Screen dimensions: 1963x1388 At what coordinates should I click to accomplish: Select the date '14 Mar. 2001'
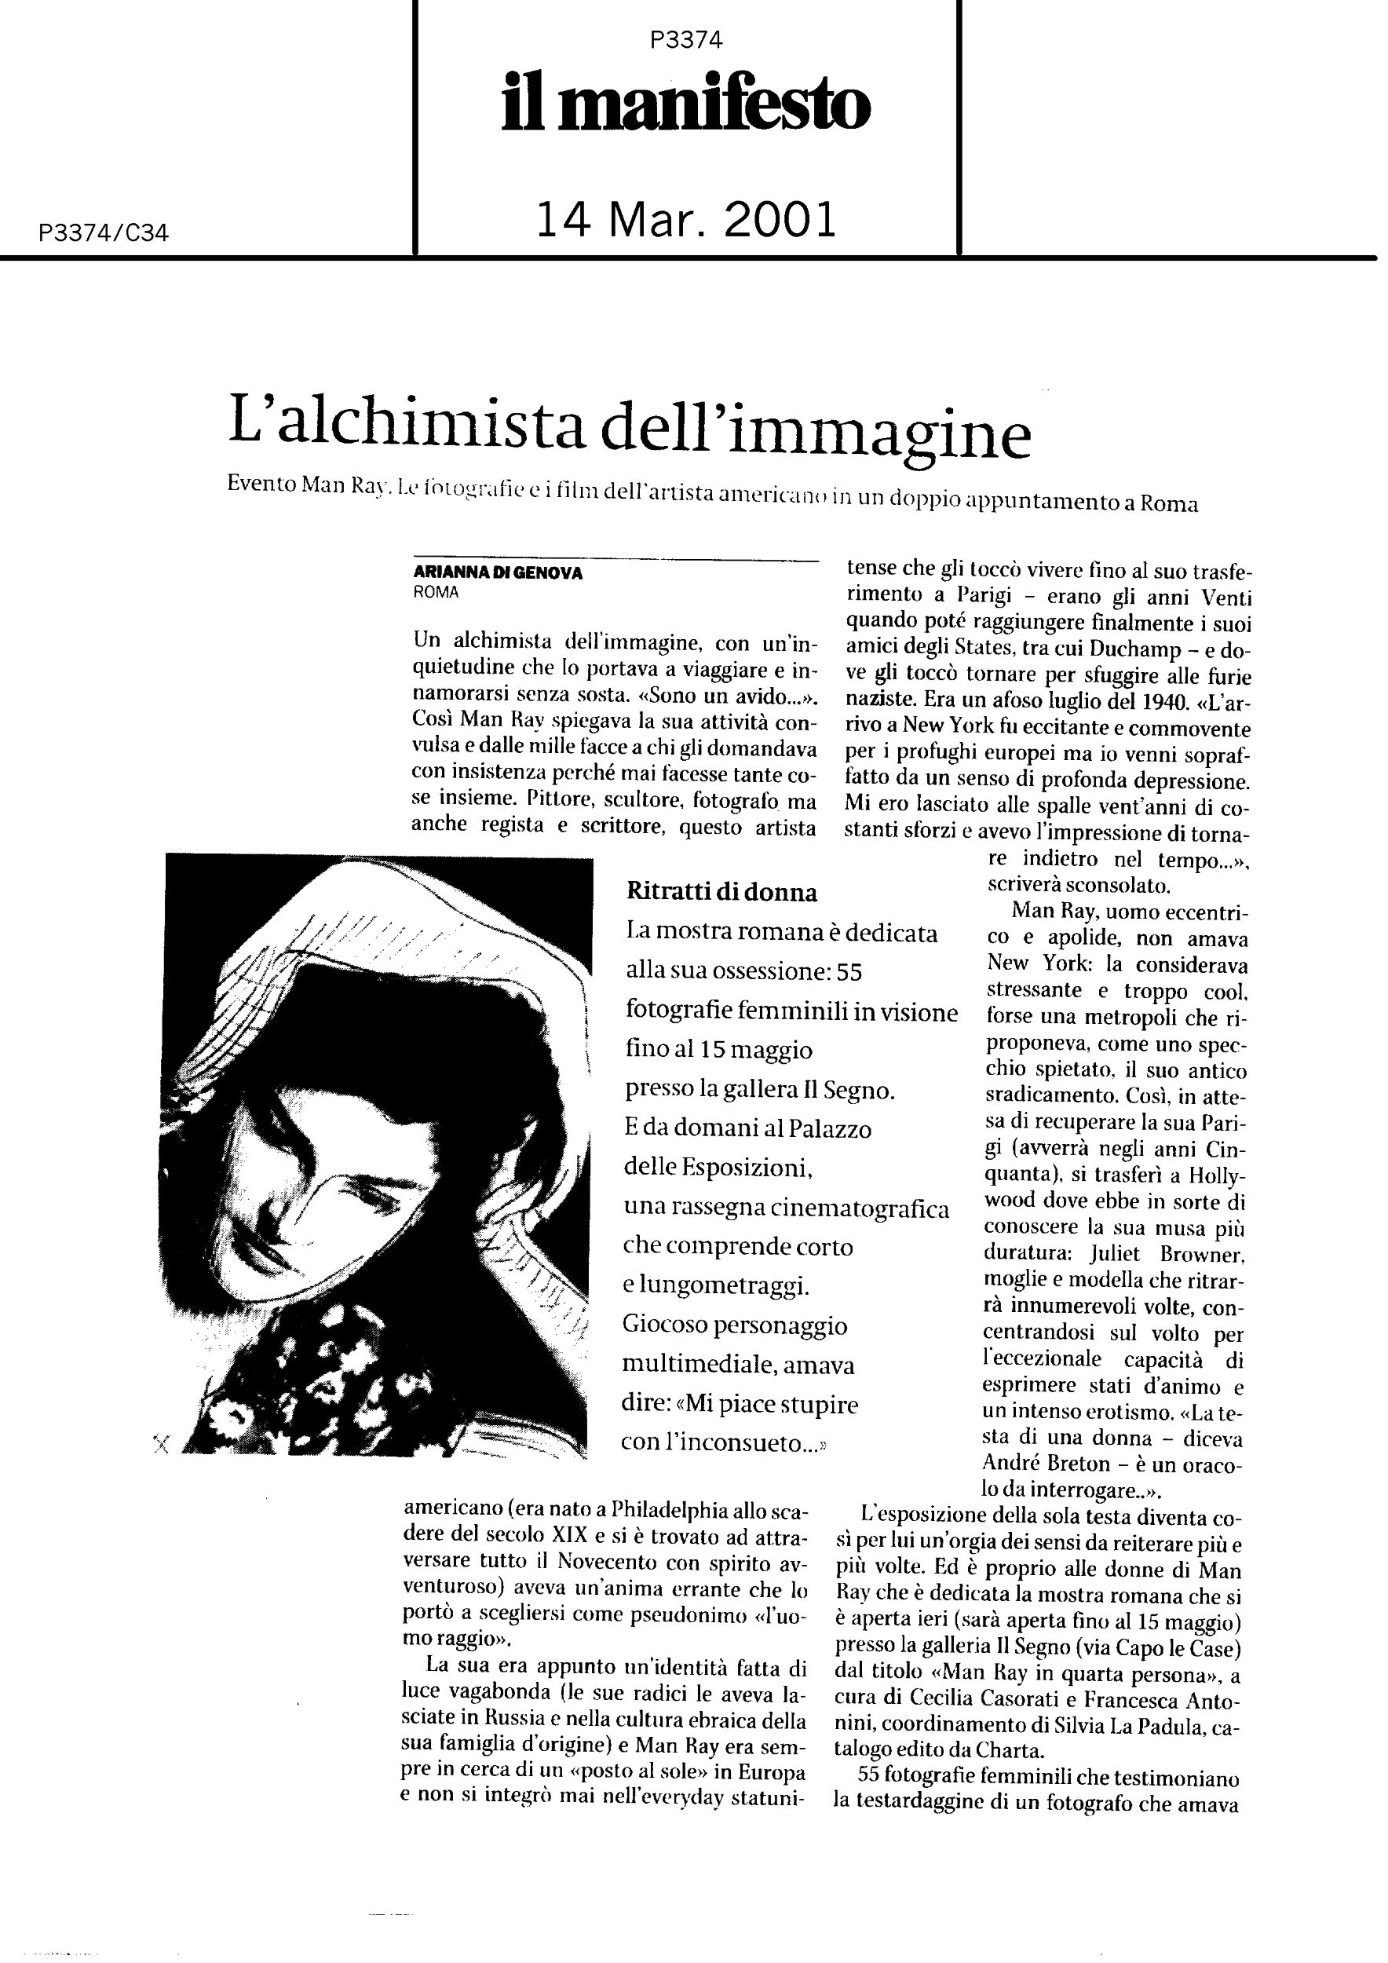[685, 220]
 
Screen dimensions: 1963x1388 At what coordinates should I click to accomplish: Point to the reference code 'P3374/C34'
[104, 232]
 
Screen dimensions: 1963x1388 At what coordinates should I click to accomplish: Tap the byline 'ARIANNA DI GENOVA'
[498, 574]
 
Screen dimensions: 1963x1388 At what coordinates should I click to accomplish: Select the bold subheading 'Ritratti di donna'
[721, 893]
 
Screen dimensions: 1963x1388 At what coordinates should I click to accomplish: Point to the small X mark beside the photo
[161, 1444]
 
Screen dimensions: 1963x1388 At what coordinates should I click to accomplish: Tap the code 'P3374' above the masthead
[685, 40]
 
